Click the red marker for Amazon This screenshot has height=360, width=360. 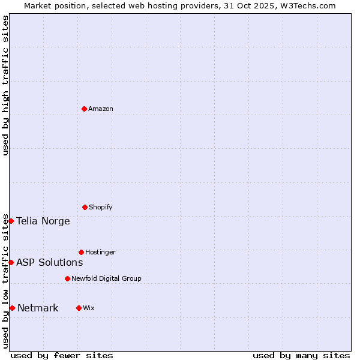pyautogui.click(x=84, y=109)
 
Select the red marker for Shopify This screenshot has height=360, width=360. pyautogui.click(x=85, y=207)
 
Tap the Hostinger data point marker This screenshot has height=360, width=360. pyautogui.click(x=81, y=252)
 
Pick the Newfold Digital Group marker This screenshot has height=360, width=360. pyautogui.click(x=67, y=278)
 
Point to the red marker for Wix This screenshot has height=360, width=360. pyautogui.click(x=79, y=308)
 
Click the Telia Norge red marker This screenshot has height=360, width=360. pyautogui.click(x=11, y=221)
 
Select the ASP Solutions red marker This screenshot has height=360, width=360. pyautogui.click(x=11, y=262)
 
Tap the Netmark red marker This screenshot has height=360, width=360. pyautogui.click(x=12, y=308)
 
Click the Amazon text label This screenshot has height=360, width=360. pyautogui.click(x=101, y=109)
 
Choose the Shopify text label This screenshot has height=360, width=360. pyautogui.click(x=101, y=207)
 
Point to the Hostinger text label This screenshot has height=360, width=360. pyautogui.click(x=100, y=252)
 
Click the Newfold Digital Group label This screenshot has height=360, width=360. pyautogui.click(x=106, y=278)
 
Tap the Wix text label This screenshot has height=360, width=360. pyautogui.click(x=89, y=308)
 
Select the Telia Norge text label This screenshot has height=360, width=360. pyautogui.click(x=43, y=221)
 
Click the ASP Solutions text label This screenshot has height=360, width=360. pyautogui.click(x=50, y=262)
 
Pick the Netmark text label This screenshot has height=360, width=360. pyautogui.click(x=38, y=308)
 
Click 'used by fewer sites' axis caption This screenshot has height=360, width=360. pyautogui.click(x=62, y=355)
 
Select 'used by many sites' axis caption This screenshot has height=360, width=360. pyautogui.click(x=301, y=355)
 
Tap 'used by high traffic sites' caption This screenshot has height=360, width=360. pyautogui.click(x=5, y=85)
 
